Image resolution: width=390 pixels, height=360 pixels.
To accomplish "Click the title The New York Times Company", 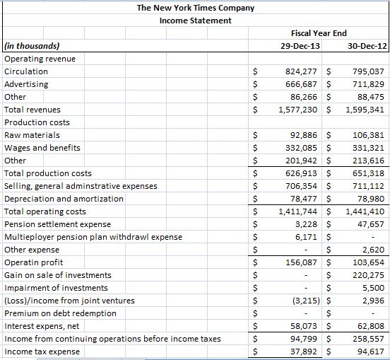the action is pos(196,8).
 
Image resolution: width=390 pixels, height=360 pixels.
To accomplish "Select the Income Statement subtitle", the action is pos(196,21).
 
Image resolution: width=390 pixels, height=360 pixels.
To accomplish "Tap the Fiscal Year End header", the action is pos(319,33).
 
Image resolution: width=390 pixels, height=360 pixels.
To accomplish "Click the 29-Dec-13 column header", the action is pos(300,46).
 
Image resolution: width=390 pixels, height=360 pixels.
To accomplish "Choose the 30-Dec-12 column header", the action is pos(367,46).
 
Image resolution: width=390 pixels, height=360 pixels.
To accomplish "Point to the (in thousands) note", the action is pos(32,46).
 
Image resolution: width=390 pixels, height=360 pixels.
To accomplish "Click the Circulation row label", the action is pos(26,71).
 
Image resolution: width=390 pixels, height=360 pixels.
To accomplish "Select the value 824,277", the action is pos(301,71).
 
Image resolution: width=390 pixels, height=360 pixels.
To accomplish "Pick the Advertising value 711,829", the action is pos(368,84).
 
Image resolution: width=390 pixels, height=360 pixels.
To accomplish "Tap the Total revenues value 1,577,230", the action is pos(297,110).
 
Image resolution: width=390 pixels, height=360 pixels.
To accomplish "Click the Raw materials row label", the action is pos(32,135).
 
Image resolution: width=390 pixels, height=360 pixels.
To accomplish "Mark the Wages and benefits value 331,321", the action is pos(368,148).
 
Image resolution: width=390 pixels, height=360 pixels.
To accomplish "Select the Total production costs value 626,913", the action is pos(301,173).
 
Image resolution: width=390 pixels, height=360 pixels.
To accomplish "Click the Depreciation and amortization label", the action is pos(64,199).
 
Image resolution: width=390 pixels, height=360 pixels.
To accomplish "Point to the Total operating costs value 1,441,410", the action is pos(365,211).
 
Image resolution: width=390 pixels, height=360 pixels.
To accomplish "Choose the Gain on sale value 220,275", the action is pos(368,275).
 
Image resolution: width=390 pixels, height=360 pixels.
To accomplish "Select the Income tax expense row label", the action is pos(42,352).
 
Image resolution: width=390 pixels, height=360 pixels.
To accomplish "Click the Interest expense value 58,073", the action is pos(304,326).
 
